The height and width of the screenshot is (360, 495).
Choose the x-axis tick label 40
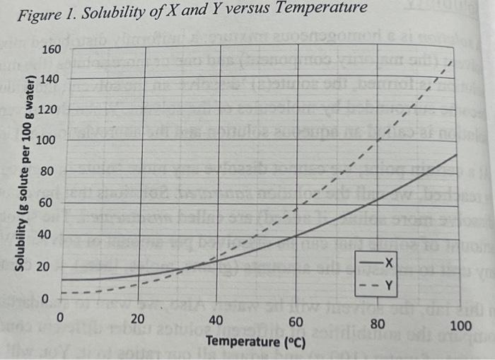click(x=218, y=320)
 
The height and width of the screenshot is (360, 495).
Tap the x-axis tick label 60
click(x=297, y=322)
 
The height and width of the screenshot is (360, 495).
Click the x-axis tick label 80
click(x=378, y=324)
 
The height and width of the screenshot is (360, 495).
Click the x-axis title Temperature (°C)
click(x=255, y=342)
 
